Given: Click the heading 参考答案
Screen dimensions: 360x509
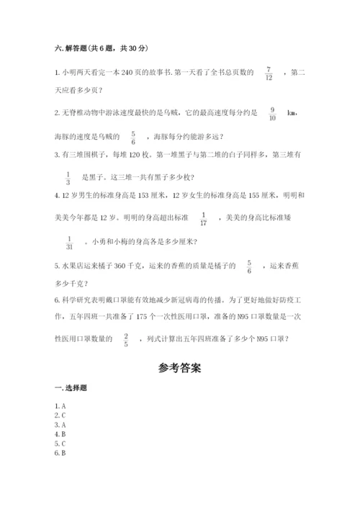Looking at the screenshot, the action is coord(180,368).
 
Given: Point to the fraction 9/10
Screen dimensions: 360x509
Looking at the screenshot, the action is coord(272,114).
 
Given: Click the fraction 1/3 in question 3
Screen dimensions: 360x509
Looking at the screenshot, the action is coord(68,177).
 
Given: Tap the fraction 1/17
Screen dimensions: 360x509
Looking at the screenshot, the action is coord(203,218).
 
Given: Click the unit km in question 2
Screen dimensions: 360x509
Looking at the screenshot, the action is coord(292,114).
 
